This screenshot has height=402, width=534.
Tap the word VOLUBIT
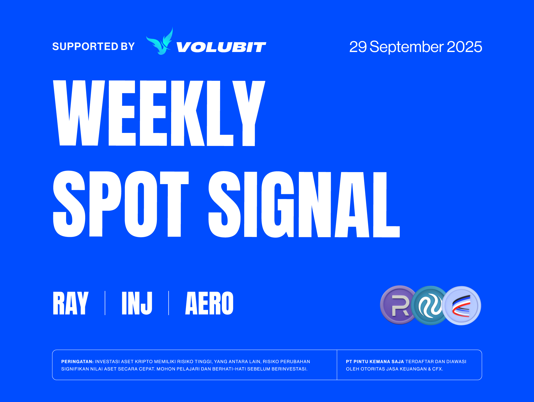coord(221,47)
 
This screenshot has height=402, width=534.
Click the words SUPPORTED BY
coord(93,46)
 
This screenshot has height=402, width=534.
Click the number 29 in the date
coord(358,47)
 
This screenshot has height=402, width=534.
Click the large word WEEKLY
coord(159,113)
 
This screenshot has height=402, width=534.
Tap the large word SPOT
coord(121,204)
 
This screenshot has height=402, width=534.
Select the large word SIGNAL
coord(304,204)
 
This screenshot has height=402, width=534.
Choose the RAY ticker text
coord(71,303)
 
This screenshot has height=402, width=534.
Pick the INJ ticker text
coord(137,303)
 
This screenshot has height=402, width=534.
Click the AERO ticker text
coord(209,303)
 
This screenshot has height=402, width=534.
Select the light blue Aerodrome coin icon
coord(462,306)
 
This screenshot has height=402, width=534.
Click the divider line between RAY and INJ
coord(105,303)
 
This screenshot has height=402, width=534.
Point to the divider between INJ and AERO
coord(169,303)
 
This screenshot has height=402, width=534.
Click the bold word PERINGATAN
coord(77,362)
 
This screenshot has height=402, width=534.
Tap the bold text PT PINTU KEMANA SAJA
coord(375,362)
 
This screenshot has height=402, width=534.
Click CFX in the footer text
coord(437,369)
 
